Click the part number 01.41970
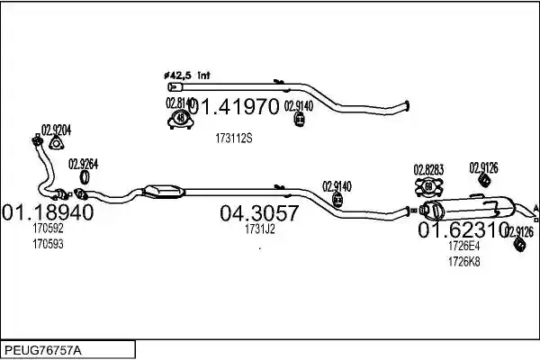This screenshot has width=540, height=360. pyautogui.click(x=234, y=106)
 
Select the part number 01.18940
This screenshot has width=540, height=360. pyautogui.click(x=48, y=212)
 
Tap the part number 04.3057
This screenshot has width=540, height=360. pyautogui.click(x=259, y=213)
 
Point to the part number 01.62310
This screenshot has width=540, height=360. pyautogui.click(x=463, y=229)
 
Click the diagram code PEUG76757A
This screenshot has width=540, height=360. pyautogui.click(x=43, y=351)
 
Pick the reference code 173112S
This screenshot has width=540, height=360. pyautogui.click(x=234, y=139)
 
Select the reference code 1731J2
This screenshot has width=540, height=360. pyautogui.click(x=260, y=229)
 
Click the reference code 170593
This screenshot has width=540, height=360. pyautogui.click(x=49, y=244)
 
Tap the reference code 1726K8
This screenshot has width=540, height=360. pyautogui.click(x=463, y=262)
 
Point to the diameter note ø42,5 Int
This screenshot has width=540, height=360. pyautogui.click(x=186, y=76)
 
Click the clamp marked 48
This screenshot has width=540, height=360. pyautogui.click(x=181, y=119)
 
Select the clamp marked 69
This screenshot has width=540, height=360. pyautogui.click(x=428, y=187)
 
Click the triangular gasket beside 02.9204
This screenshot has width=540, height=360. pyautogui.click(x=56, y=143)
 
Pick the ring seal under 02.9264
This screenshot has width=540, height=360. pyautogui.click(x=85, y=177)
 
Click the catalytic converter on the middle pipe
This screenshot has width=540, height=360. pyautogui.click(x=163, y=192)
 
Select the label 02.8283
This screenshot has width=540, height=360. pyautogui.click(x=428, y=170)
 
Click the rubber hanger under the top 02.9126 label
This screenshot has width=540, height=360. pyautogui.click(x=484, y=180)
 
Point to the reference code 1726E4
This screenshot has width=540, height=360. pyautogui.click(x=463, y=246)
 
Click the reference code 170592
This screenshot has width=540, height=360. pyautogui.click(x=49, y=228)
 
